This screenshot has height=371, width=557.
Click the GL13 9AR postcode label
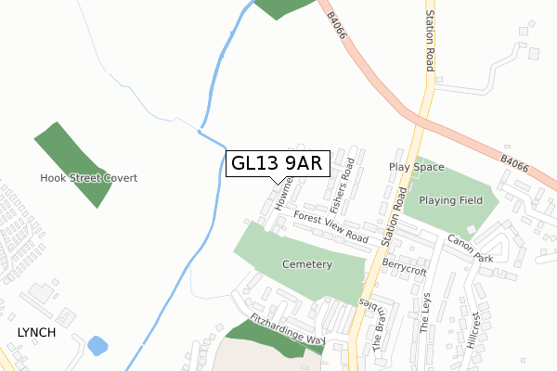click(x=276, y=164)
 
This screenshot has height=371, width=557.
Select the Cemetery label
click(x=305, y=264)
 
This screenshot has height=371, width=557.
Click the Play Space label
click(x=417, y=168)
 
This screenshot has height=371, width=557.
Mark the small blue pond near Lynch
click(x=97, y=347)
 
